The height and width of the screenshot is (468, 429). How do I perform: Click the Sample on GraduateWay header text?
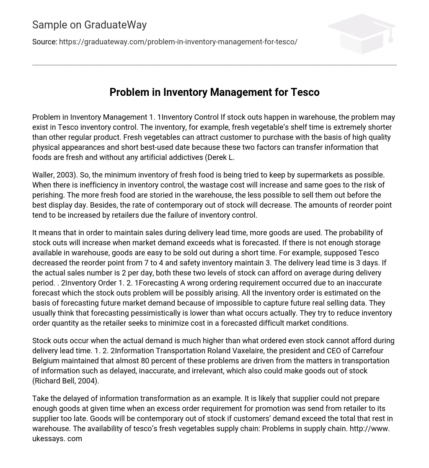coord(89,25)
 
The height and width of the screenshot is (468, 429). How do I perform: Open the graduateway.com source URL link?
coord(178,42)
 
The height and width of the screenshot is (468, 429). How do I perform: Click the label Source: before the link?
coord(44,42)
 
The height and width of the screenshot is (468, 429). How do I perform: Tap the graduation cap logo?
coord(361,33)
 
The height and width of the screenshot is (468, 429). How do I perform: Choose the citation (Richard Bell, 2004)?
coord(66,381)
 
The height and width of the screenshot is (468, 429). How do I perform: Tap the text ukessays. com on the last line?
coord(57,439)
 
